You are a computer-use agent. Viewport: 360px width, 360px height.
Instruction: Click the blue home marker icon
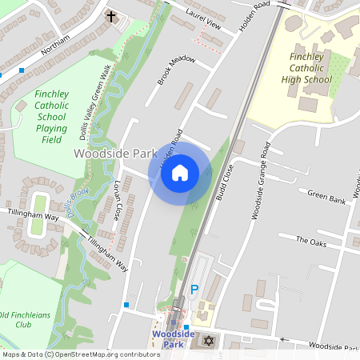(x=180, y=172)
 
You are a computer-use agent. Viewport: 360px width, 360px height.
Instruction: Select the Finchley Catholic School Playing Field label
(x=50, y=116)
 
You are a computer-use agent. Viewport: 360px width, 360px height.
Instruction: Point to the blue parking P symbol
(x=194, y=290)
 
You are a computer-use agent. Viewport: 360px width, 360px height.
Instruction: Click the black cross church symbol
(x=110, y=15)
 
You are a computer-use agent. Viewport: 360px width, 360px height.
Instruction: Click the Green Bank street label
(x=326, y=196)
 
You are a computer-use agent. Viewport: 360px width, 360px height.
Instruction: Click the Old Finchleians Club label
(x=26, y=320)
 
